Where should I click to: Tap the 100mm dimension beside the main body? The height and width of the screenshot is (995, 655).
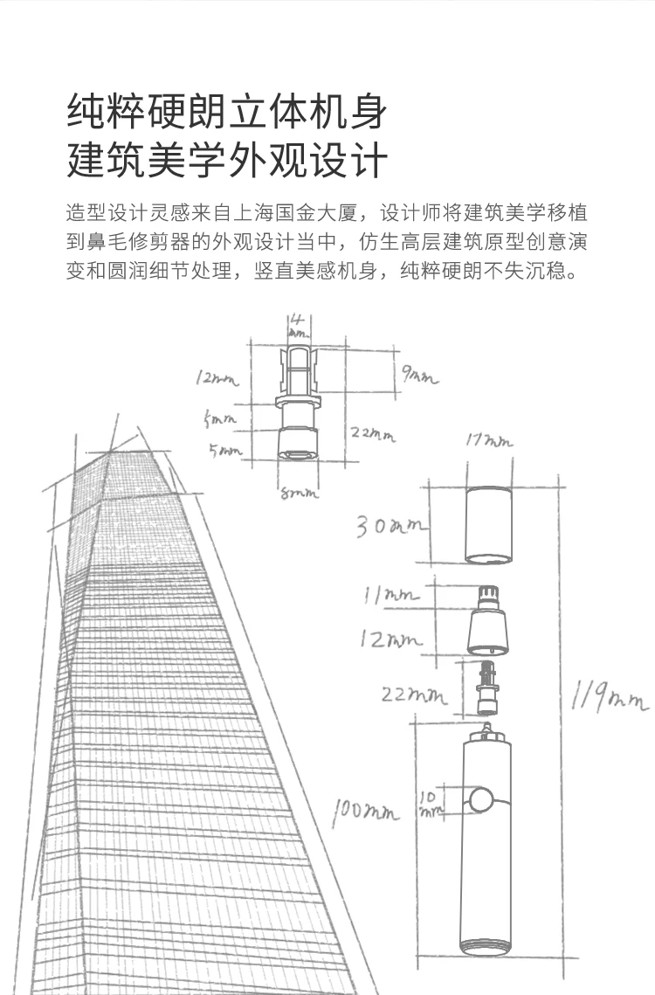(x=364, y=812)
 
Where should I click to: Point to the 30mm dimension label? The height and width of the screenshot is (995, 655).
(x=390, y=527)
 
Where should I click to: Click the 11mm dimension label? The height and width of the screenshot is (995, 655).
(x=390, y=596)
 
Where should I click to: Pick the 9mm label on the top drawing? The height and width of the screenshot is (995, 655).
(x=419, y=377)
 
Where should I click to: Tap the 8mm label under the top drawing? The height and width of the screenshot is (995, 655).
(x=298, y=494)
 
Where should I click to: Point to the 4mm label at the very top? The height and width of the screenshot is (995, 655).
(x=297, y=325)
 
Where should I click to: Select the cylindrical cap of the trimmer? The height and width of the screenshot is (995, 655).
(x=486, y=525)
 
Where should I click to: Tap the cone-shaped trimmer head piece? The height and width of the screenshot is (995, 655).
(x=486, y=622)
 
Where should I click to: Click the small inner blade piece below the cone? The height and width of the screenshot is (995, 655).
(x=486, y=686)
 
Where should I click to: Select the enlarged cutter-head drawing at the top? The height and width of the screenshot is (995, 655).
(x=297, y=402)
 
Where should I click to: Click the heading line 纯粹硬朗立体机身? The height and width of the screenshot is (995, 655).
(x=226, y=112)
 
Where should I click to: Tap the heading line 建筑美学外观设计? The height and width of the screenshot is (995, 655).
(x=226, y=162)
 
